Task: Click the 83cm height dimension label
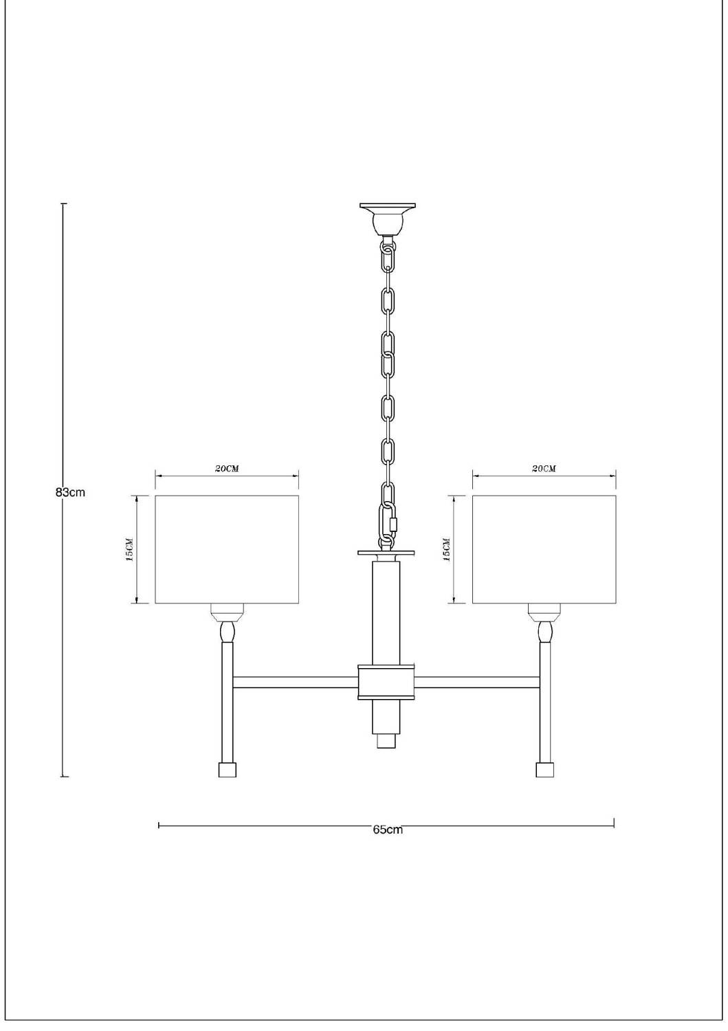click(x=70, y=492)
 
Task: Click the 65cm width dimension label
click(x=387, y=830)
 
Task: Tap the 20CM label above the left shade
click(x=227, y=469)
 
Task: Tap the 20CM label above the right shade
click(x=544, y=469)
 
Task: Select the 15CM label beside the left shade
click(x=129, y=550)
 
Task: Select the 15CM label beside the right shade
click(x=446, y=550)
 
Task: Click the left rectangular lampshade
click(x=227, y=549)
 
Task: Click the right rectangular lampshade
click(x=544, y=549)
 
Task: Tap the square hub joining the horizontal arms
click(x=387, y=682)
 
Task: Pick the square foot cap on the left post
click(x=228, y=769)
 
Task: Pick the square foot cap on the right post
click(x=545, y=769)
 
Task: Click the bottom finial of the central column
click(x=387, y=742)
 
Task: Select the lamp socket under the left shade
click(x=227, y=611)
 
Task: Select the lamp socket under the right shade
click(x=545, y=611)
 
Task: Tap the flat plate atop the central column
click(x=387, y=553)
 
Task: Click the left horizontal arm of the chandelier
click(x=296, y=682)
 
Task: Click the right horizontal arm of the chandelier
click(x=478, y=682)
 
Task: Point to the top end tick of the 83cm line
click(x=63, y=204)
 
